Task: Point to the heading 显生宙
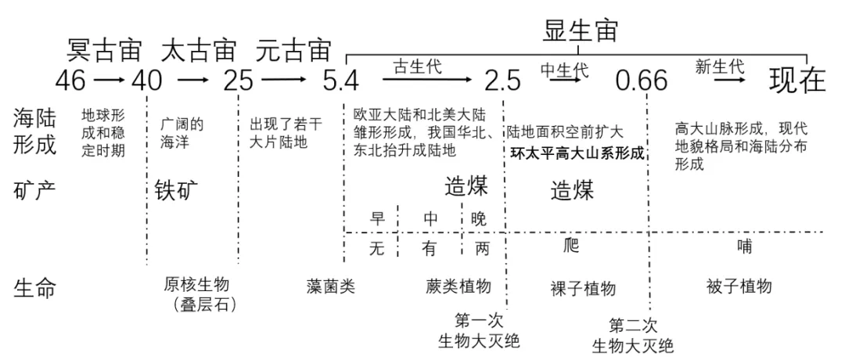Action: coord(581,30)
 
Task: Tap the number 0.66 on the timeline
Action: coord(642,81)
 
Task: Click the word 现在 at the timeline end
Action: coord(796,80)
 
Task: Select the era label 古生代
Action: coord(417,66)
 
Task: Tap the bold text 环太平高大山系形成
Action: coord(577,153)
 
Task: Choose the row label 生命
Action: coord(35,287)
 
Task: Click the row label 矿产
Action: coord(35,191)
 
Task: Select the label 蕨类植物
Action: coord(457,286)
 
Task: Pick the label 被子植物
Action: coord(739,286)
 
